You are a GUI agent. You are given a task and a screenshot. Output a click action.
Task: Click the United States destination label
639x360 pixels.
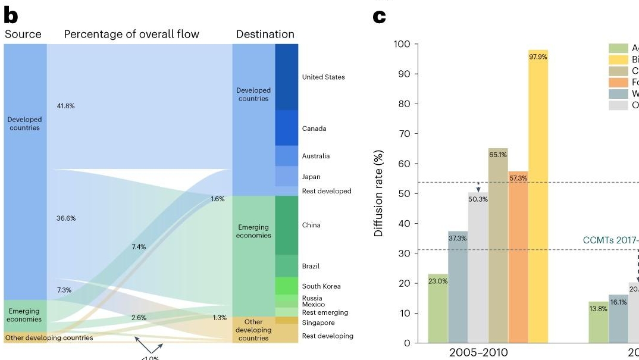323,77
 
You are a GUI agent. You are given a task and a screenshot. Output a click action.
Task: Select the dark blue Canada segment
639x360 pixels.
286,128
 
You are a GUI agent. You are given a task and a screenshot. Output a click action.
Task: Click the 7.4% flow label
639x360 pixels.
139,246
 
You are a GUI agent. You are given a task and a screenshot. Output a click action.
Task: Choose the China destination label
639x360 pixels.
311,225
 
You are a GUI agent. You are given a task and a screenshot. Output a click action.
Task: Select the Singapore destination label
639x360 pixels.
318,323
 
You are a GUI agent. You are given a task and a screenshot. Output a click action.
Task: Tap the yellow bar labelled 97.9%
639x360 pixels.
538,196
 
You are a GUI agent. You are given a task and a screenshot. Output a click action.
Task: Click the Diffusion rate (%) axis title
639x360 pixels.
378,194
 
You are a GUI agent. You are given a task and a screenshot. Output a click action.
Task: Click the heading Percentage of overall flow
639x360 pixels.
131,35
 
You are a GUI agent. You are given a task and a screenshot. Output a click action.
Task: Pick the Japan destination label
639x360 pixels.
311,177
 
